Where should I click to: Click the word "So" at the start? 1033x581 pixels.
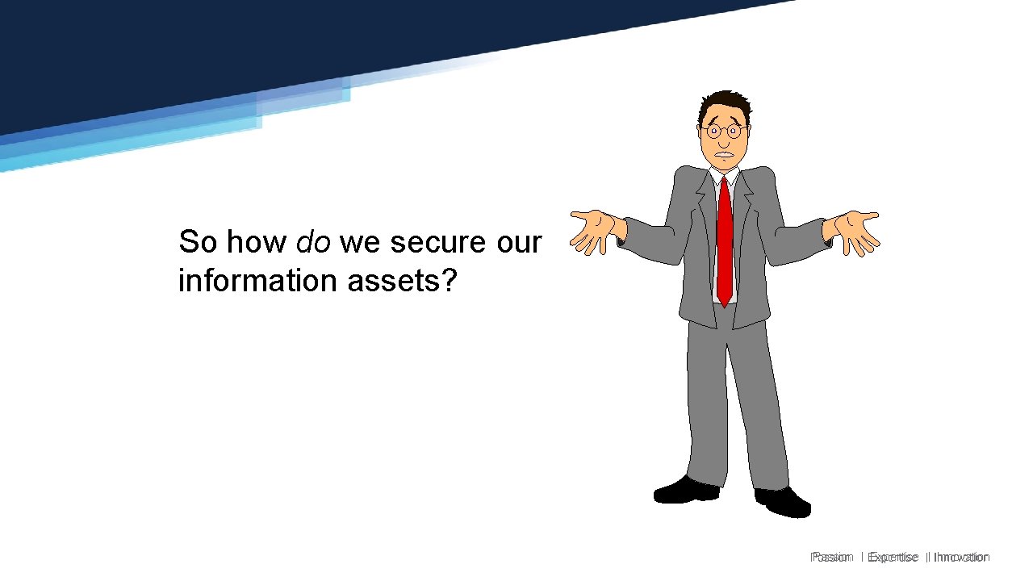(x=198, y=241)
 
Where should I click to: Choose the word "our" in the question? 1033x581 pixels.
(x=518, y=241)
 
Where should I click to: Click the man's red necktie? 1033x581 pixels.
(x=725, y=242)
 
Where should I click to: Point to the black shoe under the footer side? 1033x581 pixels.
(x=783, y=501)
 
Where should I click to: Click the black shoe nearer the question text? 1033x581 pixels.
(x=686, y=490)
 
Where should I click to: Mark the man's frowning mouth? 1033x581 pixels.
(x=726, y=154)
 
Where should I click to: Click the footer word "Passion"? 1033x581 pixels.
(x=832, y=557)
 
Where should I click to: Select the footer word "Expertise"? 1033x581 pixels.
(x=893, y=557)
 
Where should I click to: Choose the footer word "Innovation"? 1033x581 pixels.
(x=961, y=557)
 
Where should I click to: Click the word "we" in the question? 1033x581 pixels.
(x=357, y=241)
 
